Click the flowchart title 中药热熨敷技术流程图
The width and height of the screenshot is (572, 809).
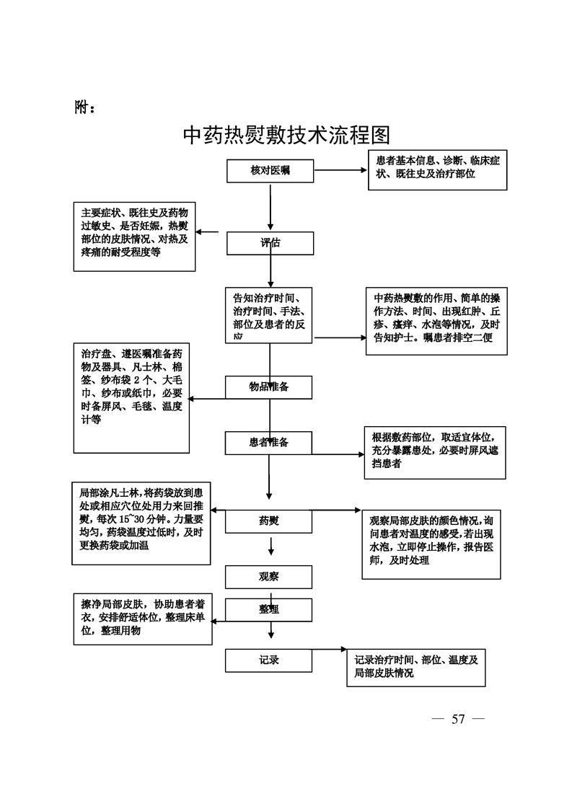pyautogui.click(x=286, y=135)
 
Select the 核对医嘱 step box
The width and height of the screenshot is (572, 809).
pyautogui.click(x=270, y=171)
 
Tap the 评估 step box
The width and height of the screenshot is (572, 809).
pyautogui.click(x=270, y=243)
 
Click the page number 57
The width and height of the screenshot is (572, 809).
pyautogui.click(x=458, y=719)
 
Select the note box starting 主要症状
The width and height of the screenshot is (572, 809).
pyautogui.click(x=135, y=236)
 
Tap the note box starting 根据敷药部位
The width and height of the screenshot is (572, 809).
pyautogui.click(x=434, y=452)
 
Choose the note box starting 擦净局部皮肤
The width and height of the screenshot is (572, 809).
pyautogui.click(x=143, y=619)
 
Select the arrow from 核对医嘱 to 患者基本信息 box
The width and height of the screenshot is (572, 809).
pyautogui.click(x=340, y=171)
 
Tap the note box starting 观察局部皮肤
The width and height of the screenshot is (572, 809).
pyautogui.click(x=431, y=542)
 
